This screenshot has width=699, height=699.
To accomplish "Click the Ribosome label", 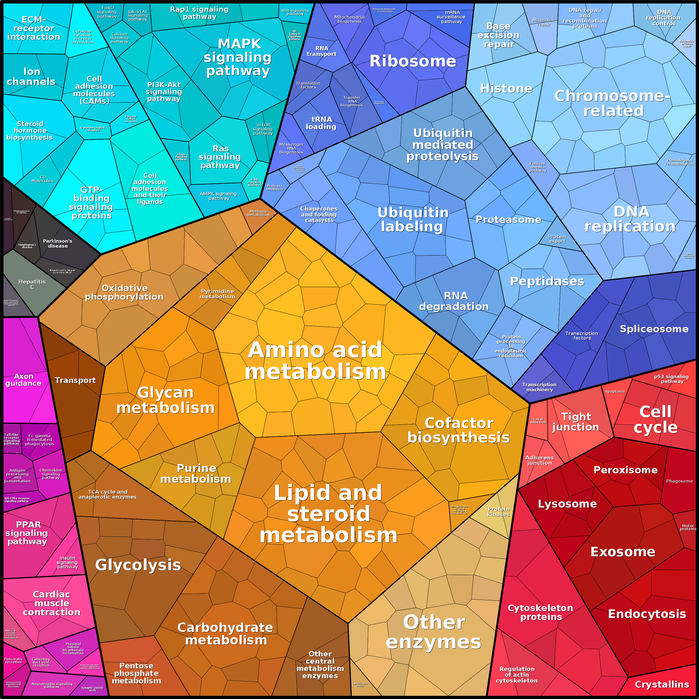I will [412, 61].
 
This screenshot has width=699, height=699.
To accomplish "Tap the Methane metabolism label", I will [258, 213].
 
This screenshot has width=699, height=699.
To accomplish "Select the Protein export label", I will [557, 239].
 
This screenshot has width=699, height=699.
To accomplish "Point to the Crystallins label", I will [662, 684].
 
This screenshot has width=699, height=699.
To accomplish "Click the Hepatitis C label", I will [32, 284].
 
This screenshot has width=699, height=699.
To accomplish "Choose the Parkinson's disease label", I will [58, 243].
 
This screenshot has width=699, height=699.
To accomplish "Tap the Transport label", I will [75, 380].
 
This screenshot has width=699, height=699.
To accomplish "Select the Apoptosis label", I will [615, 392].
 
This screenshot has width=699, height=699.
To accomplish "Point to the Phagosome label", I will [680, 481].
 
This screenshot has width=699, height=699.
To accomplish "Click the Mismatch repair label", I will [543, 23].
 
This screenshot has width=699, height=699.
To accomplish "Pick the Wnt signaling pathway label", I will [295, 12].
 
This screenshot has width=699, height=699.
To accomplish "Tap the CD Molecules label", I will [42, 179].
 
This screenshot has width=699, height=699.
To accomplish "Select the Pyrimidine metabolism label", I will [217, 294].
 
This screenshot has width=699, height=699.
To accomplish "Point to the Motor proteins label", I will [688, 528].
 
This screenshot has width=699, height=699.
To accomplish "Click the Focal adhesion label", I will [538, 420].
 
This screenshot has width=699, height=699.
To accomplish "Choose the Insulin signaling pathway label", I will [67, 562].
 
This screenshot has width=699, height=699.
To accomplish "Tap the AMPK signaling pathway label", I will [218, 196].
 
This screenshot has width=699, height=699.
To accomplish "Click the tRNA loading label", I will [321, 123].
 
